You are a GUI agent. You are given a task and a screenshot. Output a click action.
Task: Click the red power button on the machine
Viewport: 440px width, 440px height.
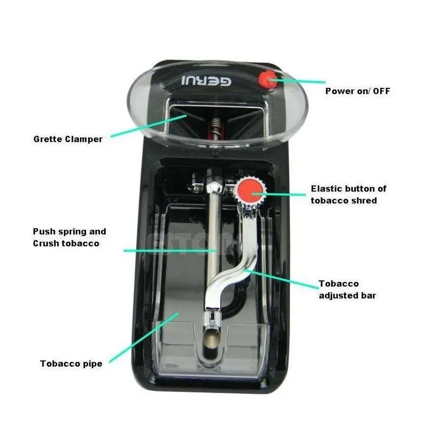(x=267, y=79)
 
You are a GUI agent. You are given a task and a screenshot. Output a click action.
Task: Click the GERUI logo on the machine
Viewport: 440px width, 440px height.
(x=206, y=81)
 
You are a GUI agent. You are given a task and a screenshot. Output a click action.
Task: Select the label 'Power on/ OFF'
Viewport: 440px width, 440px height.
(x=357, y=91)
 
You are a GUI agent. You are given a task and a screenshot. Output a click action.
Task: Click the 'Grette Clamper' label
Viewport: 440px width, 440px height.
(x=68, y=139)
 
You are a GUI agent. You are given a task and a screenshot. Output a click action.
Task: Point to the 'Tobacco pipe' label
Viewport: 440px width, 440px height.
(x=71, y=364)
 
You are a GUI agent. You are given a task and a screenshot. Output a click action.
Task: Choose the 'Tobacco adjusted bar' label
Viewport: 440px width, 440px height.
(x=347, y=290)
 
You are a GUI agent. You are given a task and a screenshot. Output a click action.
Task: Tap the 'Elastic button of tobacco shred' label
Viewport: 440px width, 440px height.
(x=349, y=194)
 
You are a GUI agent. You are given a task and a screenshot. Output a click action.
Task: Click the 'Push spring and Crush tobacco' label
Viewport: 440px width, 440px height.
(x=70, y=237)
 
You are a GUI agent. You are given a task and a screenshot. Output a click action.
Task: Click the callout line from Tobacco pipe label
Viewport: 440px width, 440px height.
(x=144, y=337)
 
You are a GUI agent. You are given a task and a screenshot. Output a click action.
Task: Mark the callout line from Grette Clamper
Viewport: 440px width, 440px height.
(x=149, y=126)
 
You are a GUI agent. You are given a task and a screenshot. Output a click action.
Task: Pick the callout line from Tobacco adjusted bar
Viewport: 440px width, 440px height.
(x=281, y=279)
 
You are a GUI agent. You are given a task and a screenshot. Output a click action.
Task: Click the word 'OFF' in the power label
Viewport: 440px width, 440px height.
(x=381, y=91)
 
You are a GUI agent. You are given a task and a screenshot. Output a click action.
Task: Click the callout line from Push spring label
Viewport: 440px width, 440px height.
(x=170, y=250)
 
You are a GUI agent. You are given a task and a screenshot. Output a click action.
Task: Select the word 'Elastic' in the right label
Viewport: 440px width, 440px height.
(x=327, y=189)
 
